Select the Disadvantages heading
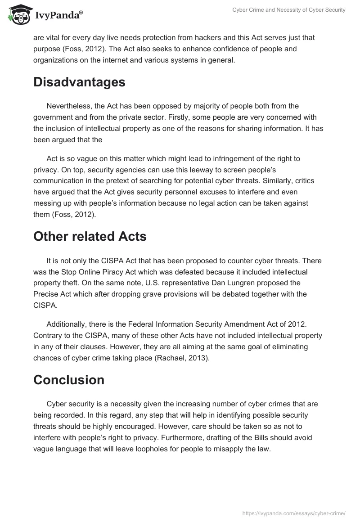(79, 82)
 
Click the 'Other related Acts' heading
(90, 236)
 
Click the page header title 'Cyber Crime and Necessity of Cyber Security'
(288, 10)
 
